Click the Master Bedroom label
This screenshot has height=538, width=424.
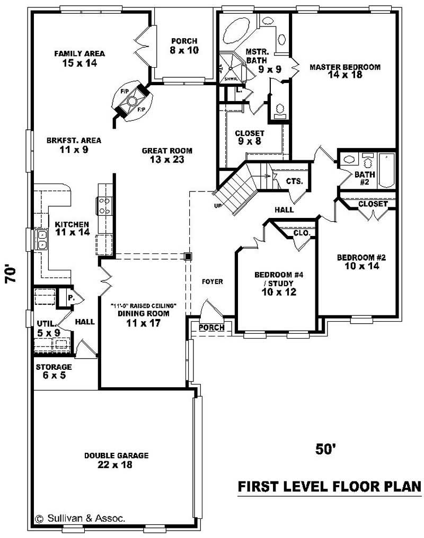point(345,71)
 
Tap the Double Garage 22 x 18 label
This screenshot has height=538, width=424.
point(116,460)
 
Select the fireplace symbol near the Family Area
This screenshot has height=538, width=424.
point(132,102)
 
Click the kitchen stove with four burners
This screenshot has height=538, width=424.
point(104,205)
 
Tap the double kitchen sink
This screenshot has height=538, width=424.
point(40,239)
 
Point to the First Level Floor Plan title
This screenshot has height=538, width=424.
point(329,486)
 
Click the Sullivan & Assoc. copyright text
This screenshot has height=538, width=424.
point(80,518)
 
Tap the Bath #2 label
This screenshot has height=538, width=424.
point(365,178)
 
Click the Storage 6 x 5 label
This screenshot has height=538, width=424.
point(54,371)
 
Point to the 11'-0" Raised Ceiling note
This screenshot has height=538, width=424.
point(143,306)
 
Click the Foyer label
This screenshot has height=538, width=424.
point(213,281)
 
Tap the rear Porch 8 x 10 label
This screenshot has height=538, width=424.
point(184,45)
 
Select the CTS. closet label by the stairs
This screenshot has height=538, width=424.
point(294,181)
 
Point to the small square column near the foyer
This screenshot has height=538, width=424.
point(188,257)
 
